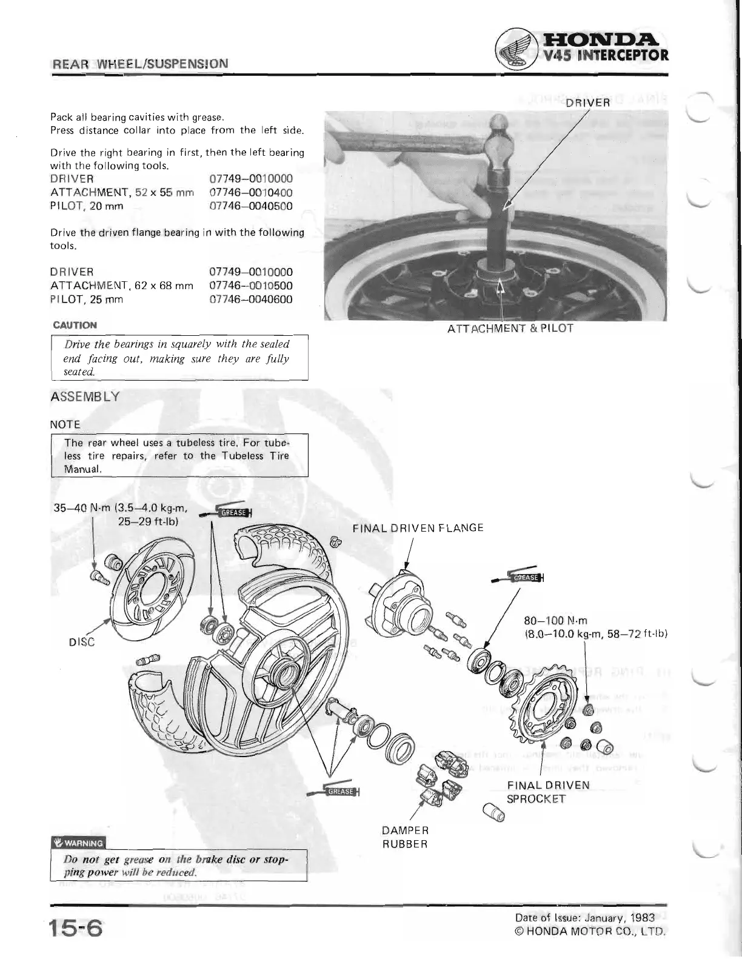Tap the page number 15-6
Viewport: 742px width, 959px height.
(x=76, y=928)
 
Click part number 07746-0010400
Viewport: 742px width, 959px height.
(x=251, y=192)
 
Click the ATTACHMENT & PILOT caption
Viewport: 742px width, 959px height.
(x=510, y=329)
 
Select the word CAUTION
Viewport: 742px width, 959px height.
(x=75, y=325)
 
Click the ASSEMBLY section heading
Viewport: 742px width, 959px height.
(x=85, y=397)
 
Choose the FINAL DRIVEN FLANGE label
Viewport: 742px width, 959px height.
(x=418, y=527)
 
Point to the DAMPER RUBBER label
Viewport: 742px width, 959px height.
(x=405, y=837)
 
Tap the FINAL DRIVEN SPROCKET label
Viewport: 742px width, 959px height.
(x=548, y=792)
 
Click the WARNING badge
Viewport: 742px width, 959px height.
(x=78, y=843)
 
